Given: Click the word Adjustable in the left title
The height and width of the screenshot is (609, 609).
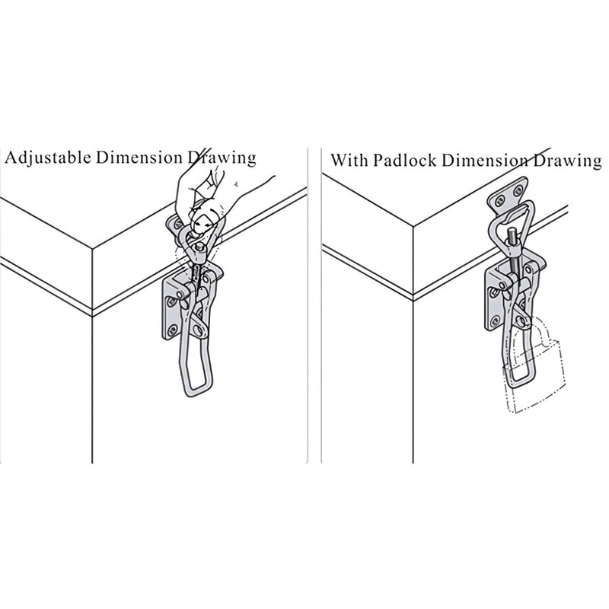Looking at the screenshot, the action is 48,158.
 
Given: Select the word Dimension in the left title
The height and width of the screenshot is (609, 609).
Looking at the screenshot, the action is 139,158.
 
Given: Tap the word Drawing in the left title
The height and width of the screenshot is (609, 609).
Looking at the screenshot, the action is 222,158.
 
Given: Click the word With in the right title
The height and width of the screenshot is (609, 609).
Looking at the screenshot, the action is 349,160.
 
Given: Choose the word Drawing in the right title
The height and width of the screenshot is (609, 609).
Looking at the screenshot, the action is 567,161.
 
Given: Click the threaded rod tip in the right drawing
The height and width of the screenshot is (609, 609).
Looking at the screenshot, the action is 512,233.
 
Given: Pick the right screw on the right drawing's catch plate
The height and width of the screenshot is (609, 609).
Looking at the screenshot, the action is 518,190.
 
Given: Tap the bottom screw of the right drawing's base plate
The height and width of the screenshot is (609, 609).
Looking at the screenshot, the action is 495,320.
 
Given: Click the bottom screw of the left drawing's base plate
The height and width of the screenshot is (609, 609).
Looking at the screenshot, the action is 171,330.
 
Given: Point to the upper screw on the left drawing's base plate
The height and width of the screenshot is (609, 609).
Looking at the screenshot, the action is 171,301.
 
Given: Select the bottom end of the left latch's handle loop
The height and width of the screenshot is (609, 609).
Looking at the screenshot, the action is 196,394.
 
